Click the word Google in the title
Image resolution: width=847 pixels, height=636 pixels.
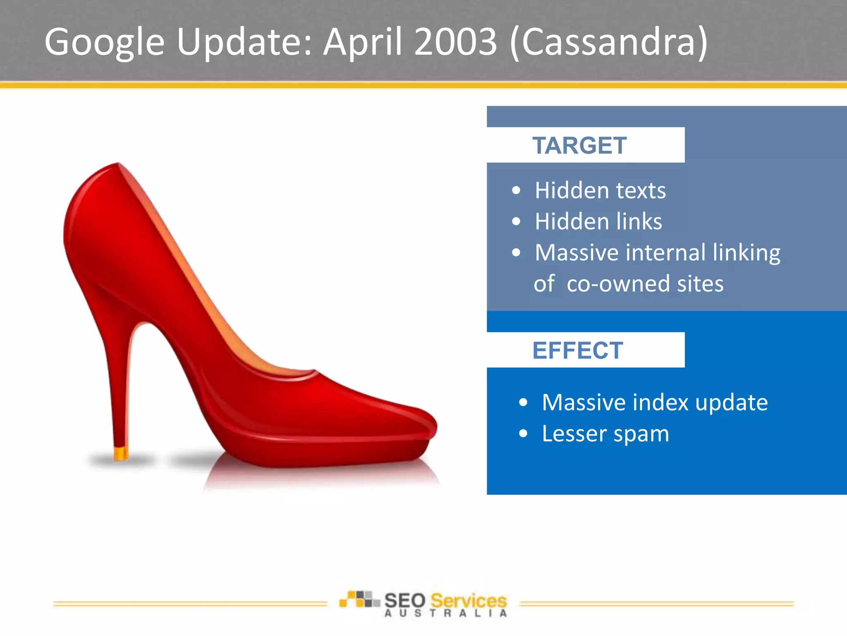pos(104,42)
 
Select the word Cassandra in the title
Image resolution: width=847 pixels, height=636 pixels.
pos(608,42)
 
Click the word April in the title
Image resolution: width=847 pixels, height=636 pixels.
pos(363,42)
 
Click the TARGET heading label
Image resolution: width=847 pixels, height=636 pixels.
pos(579,145)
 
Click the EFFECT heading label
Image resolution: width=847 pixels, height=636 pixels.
pos(577,350)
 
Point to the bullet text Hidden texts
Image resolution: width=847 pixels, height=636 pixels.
pos(600,190)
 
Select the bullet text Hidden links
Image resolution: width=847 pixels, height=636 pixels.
pos(598,222)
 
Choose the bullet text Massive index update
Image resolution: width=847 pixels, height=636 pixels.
pos(655,402)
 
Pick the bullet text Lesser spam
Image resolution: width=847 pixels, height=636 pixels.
pos(605,434)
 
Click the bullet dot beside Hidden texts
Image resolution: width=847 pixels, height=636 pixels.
pos(516,190)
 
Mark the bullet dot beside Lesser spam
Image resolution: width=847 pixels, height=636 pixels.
pos(523,434)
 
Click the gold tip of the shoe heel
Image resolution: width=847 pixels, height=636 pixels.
pos(121,454)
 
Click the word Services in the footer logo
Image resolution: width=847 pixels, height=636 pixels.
pos(468,600)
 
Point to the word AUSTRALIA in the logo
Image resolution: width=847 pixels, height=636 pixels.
pos(445,614)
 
